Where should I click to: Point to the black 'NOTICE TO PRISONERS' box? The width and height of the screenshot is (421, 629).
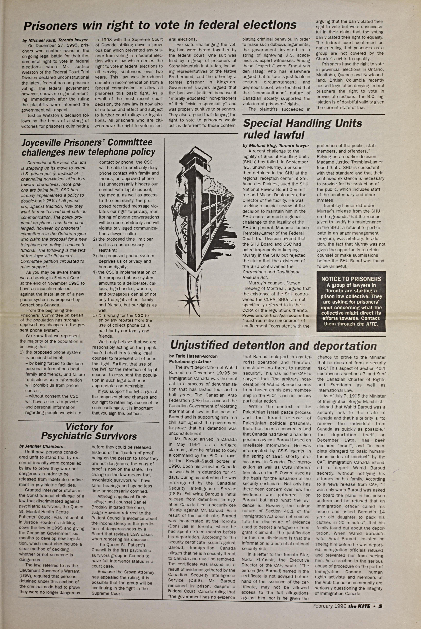[351, 301]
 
